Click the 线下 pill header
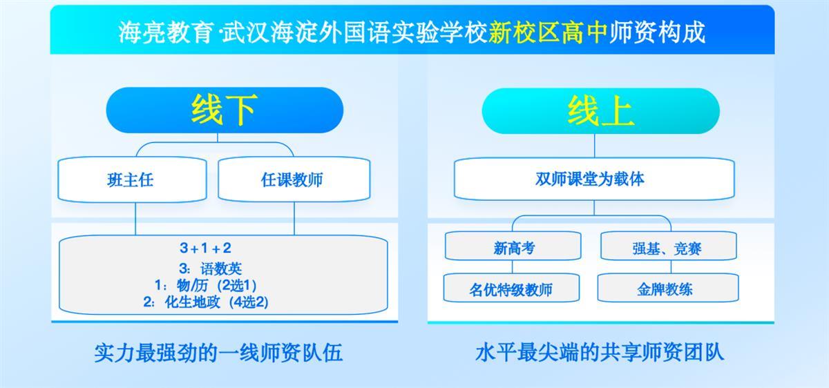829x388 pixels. coord(225,110)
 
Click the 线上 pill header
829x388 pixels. coord(600,111)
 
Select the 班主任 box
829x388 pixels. coord(132,180)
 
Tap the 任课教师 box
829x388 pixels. coord(294,180)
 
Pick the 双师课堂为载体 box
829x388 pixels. coord(594,179)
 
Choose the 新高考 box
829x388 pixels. coord(513,246)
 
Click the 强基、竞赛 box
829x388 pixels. coord(669,246)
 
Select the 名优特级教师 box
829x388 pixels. coord(511,288)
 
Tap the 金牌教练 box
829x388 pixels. coord(668,288)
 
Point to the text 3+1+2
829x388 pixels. coord(205,248)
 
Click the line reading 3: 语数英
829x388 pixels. coord(210,269)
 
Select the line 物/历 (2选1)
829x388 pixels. coord(205,285)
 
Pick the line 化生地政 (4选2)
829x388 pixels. coord(206,302)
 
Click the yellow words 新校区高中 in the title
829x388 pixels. coord(548,32)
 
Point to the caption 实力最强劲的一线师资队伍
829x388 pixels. coord(218,353)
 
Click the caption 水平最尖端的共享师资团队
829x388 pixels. coord(600,353)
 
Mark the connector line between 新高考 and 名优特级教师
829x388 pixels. coord(513,267)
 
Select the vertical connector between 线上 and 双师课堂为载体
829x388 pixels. coord(595,146)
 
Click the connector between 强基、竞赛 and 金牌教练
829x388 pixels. coord(671,267)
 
